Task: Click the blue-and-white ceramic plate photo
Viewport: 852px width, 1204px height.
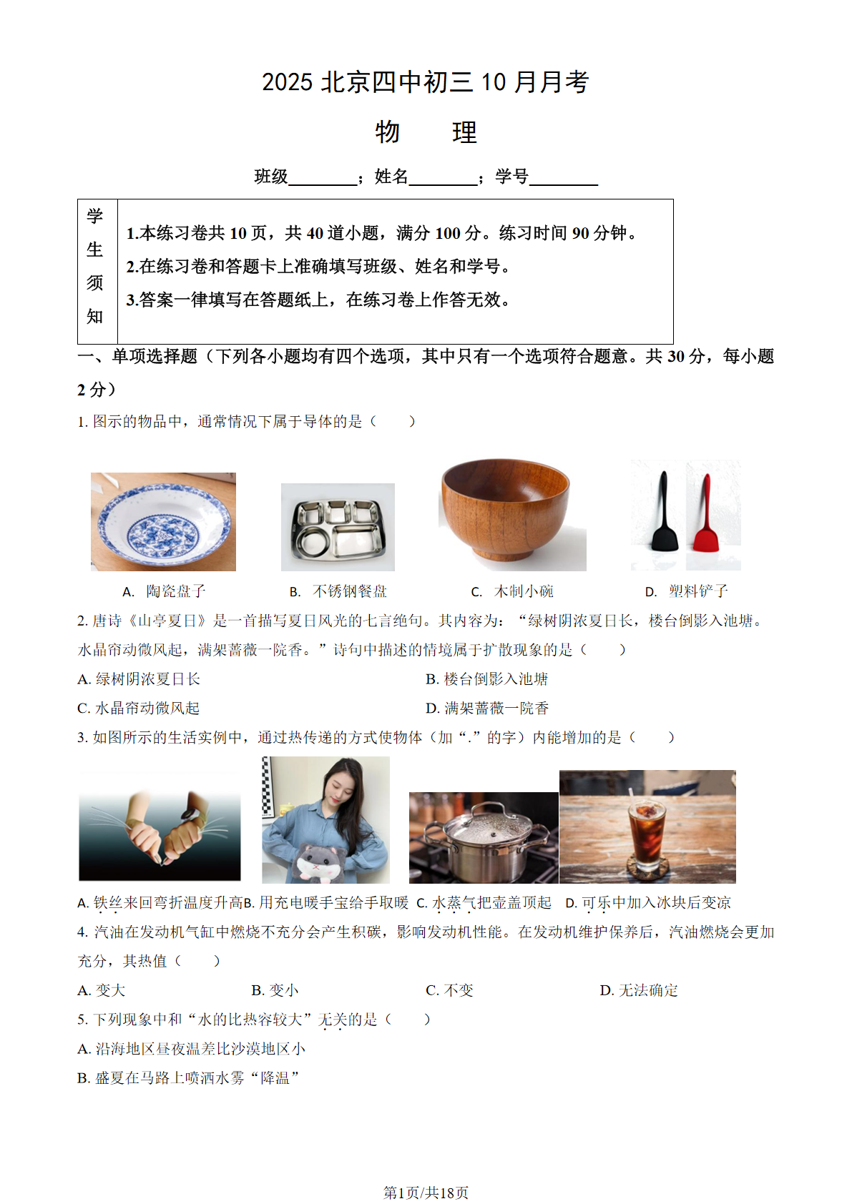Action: (x=163, y=522)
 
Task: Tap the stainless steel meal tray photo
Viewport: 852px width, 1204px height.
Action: (x=338, y=528)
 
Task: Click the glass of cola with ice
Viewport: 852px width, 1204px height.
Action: (x=647, y=833)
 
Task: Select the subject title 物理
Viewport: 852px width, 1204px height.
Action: (x=426, y=132)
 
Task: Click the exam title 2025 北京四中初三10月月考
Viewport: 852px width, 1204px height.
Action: (x=426, y=82)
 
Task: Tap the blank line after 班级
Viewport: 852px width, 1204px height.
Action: (x=323, y=179)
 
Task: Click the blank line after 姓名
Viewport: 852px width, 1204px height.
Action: (x=443, y=179)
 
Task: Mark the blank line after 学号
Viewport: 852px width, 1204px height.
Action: (x=563, y=179)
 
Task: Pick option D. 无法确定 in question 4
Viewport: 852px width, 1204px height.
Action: (x=639, y=990)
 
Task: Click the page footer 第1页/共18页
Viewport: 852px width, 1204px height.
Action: (x=426, y=1193)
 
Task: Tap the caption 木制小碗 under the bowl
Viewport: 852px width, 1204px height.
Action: (x=523, y=591)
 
